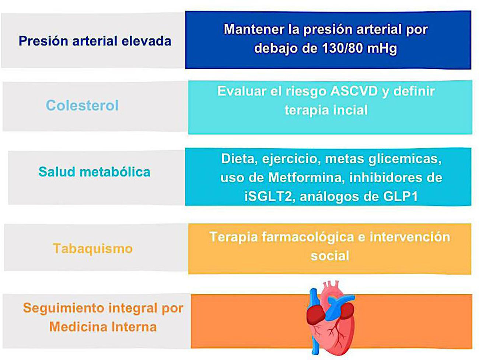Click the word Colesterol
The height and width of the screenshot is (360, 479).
[x=82, y=106]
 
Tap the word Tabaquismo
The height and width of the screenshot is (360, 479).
[x=93, y=248]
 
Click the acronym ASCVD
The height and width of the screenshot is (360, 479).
[x=354, y=91]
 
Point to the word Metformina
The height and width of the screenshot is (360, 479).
[x=307, y=177]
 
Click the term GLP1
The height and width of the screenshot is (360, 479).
[x=400, y=197]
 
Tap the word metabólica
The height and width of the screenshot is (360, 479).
[x=115, y=172]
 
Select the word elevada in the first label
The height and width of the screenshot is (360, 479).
[x=146, y=41]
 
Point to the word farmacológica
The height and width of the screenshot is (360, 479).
[x=308, y=237]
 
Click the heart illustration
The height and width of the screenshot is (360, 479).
[x=331, y=318]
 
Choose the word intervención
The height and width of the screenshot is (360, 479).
[x=410, y=237]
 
